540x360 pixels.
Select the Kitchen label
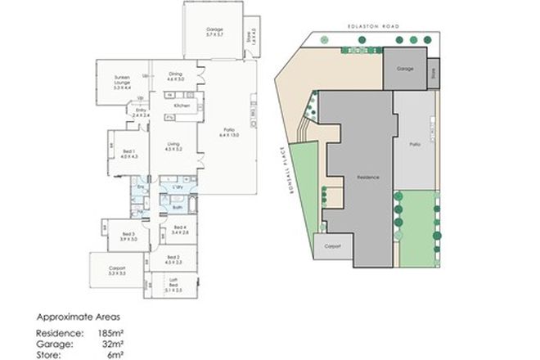pyautogui.click(x=182, y=106)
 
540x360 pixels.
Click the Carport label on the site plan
pyautogui.click(x=333, y=245)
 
